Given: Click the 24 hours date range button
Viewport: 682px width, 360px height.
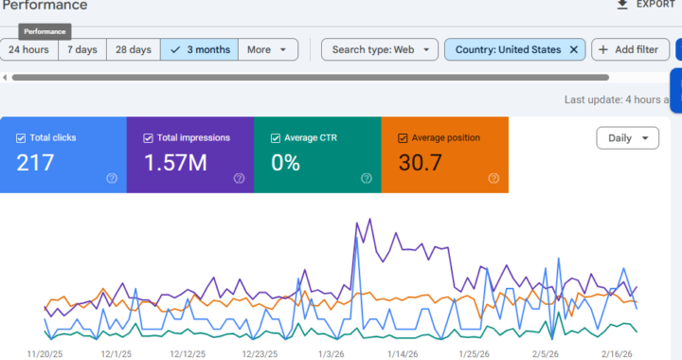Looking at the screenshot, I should point(29,49).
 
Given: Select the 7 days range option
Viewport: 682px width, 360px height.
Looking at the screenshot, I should point(81,49).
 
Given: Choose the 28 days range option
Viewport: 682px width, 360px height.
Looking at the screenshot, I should point(133,49).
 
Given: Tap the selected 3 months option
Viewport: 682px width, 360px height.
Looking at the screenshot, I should point(199,49).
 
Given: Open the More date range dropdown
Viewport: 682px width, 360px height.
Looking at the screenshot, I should point(267,49).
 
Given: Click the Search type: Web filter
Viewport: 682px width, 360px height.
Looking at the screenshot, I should point(379,49).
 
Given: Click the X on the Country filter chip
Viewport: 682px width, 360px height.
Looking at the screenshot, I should point(574,49).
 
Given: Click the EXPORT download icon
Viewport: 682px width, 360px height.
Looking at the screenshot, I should point(622,5).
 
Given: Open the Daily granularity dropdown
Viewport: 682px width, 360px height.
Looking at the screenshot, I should point(627,138).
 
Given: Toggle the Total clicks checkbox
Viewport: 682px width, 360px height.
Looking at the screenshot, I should point(21,138).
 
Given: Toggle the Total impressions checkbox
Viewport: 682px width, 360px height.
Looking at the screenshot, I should point(148,138).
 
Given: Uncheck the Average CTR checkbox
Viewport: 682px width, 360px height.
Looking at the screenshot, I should point(276,138).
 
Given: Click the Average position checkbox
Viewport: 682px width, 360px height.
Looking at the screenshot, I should point(403,138).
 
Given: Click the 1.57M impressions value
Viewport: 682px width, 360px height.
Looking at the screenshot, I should point(175,163).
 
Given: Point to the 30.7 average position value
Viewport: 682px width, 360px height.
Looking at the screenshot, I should point(421,163).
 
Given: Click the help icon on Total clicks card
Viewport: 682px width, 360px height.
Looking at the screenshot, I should point(112,178).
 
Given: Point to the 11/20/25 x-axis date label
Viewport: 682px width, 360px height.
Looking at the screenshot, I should point(45,353).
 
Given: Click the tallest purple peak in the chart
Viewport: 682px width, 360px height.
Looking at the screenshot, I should point(357,223).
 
